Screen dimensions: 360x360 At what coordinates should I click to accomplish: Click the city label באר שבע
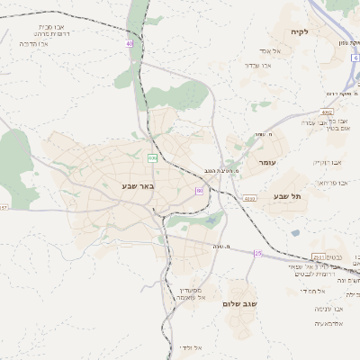[139, 186]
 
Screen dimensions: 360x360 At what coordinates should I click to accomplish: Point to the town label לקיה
[300, 32]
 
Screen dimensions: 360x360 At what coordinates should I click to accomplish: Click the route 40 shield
[130, 42]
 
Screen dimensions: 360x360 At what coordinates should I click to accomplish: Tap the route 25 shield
[257, 253]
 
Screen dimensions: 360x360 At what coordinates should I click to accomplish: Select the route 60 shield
[199, 191]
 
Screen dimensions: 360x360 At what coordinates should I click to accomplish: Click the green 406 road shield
[152, 157]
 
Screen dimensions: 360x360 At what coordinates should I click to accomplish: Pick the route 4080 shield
[249, 198]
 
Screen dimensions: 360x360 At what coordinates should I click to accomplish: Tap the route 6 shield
[356, 57]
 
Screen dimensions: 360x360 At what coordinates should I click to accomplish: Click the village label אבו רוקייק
[329, 162]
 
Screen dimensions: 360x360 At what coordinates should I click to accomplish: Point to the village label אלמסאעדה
[332, 322]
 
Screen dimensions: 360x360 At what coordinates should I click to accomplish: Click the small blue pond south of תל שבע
[295, 233]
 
